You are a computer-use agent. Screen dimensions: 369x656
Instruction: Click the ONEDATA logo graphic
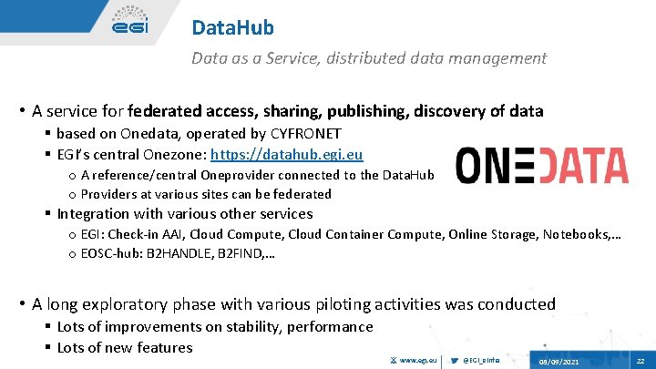[541, 166]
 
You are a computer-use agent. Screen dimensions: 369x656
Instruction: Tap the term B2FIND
[238, 254]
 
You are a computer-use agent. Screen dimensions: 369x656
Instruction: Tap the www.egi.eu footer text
[418, 360]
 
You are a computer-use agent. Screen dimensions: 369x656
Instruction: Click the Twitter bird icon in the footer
[454, 360]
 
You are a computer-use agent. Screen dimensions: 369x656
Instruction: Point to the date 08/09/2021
[559, 361]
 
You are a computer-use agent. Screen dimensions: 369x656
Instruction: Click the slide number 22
[640, 361]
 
